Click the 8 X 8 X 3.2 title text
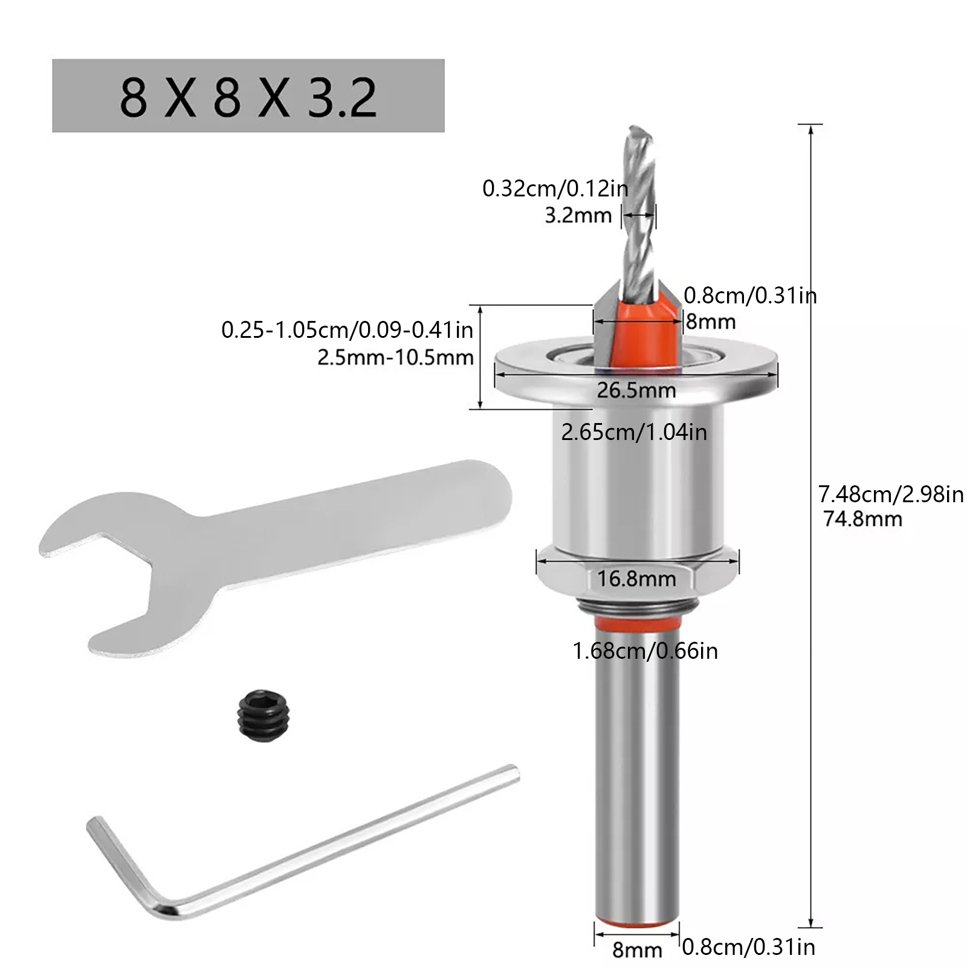click(248, 97)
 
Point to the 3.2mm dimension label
click(578, 215)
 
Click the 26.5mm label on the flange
click(636, 390)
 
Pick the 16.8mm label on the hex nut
click(636, 578)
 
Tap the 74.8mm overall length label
click(862, 519)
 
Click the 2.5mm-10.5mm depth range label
click(395, 357)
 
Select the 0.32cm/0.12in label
click(555, 189)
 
